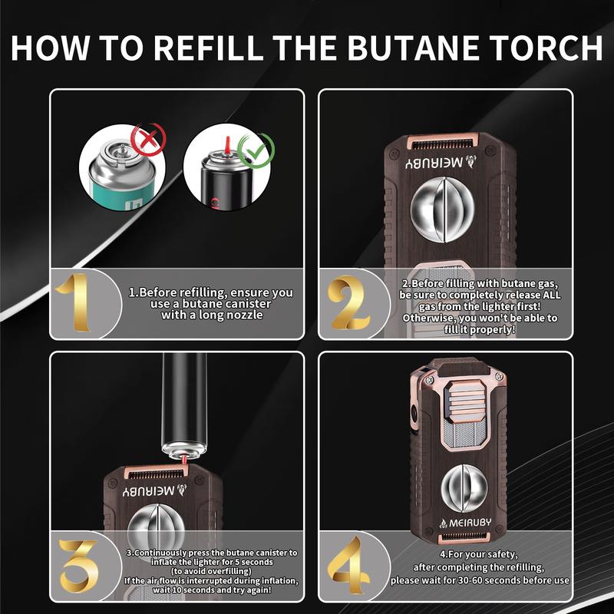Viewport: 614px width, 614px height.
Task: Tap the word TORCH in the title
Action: click(x=548, y=47)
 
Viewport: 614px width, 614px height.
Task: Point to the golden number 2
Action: click(x=351, y=303)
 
